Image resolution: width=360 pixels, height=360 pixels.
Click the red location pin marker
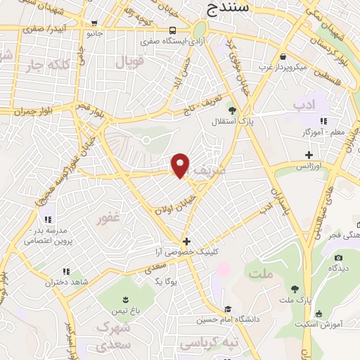point(181,165)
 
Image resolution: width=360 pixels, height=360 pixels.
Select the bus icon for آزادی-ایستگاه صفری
point(173,30)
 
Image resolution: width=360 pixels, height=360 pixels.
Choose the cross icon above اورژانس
point(309,155)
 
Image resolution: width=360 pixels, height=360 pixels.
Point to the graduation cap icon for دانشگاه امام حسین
point(227,309)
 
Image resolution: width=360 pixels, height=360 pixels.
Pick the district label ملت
point(260,273)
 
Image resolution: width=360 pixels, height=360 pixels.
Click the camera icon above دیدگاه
point(330,257)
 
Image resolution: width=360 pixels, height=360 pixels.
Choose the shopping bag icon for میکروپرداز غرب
point(282,56)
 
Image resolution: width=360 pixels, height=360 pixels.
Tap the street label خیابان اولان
point(172,207)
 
